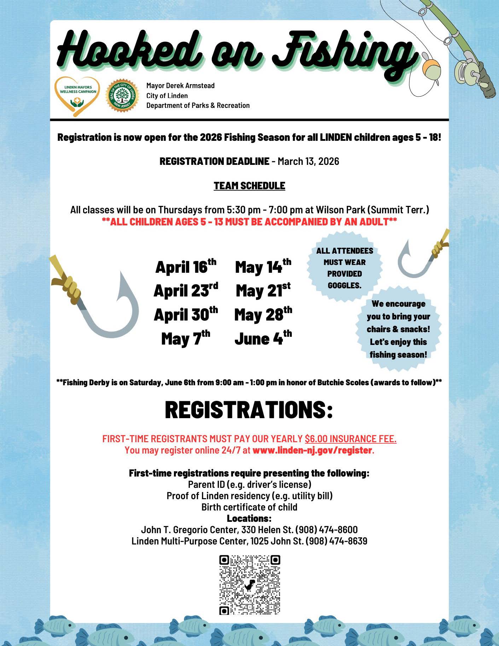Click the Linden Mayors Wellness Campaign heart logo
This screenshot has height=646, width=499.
tap(77, 96)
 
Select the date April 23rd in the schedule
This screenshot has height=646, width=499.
tap(185, 291)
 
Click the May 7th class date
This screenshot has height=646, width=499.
tap(185, 339)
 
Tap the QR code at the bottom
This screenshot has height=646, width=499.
tap(249, 585)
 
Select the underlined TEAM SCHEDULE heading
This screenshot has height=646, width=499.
tap(249, 186)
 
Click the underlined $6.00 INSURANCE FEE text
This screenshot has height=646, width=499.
tap(350, 439)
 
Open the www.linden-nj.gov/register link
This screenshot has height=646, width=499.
tap(312, 450)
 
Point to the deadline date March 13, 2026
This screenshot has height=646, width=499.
tap(308, 161)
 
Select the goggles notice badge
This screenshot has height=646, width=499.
tap(344, 268)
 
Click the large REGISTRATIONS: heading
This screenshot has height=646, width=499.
tap(249, 410)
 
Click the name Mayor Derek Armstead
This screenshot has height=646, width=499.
tap(180, 86)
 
